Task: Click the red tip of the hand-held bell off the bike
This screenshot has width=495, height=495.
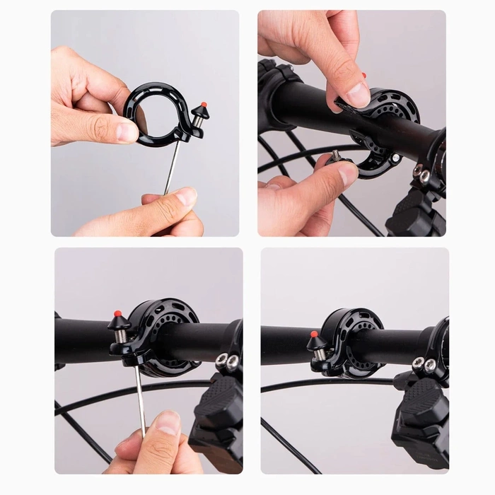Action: [204, 105]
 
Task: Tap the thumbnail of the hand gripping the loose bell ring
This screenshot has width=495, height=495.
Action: [128, 132]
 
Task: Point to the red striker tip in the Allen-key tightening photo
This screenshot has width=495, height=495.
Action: [117, 313]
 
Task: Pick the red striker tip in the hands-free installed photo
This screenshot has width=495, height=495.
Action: [314, 334]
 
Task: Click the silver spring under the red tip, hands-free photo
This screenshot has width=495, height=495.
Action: [319, 352]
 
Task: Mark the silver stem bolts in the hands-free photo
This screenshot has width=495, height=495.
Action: [424, 363]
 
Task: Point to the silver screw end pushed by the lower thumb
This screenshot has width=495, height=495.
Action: [337, 155]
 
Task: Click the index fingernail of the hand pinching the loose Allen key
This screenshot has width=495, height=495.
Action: [185, 197]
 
